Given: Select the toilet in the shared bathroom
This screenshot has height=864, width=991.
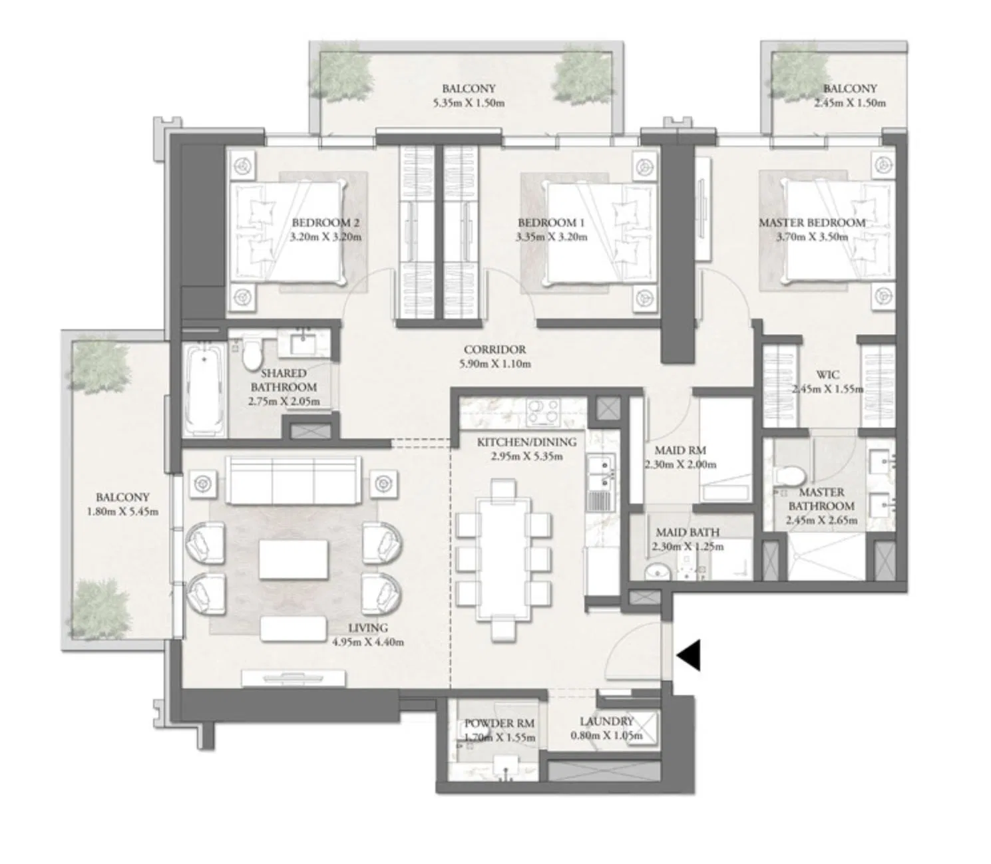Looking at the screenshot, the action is [251, 353].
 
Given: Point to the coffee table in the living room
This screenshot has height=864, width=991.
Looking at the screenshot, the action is [294, 559].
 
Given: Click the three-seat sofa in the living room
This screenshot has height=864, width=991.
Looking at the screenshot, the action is [293, 481].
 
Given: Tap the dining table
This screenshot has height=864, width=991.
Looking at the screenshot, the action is [504, 558].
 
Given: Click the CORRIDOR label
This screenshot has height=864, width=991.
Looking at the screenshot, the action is [495, 349].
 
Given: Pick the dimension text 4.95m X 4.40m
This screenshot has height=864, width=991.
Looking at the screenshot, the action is [368, 643].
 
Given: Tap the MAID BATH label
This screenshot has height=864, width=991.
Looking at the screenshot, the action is [688, 532].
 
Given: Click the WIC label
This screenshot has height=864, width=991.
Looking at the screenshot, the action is [827, 374].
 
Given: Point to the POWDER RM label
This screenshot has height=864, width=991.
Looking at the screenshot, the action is [499, 723].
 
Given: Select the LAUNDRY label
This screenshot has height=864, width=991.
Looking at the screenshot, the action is [606, 721].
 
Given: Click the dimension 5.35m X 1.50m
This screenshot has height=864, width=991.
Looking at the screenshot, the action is [469, 102].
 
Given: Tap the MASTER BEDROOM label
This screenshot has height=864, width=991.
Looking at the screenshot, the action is [812, 223].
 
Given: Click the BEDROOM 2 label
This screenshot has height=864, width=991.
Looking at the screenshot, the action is [325, 223].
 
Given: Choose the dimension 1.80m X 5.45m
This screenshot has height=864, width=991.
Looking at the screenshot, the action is [122, 511].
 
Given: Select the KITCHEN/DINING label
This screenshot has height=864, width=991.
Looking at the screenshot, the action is [526, 442].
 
